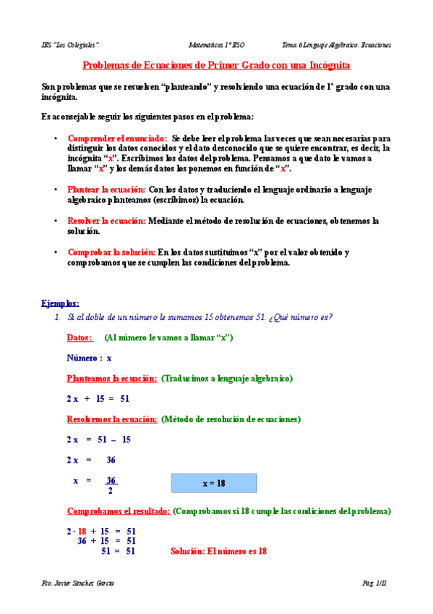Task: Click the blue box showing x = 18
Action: pyautogui.click(x=213, y=483)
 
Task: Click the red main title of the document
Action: pyautogui.click(x=216, y=65)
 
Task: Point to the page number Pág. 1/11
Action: pyautogui.click(x=376, y=582)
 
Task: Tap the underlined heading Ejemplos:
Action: pyautogui.click(x=61, y=303)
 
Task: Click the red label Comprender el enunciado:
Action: pyautogui.click(x=118, y=138)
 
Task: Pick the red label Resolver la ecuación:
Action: pyautogui.click(x=107, y=220)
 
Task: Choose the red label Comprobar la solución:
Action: pyautogui.click(x=111, y=252)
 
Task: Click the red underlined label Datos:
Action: pyautogui.click(x=80, y=337)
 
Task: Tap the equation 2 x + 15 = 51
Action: pyautogui.click(x=98, y=398)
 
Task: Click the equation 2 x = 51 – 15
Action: pyautogui.click(x=98, y=440)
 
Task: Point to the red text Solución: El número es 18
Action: pyautogui.click(x=219, y=550)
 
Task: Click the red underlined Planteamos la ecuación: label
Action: pyautogui.click(x=112, y=378)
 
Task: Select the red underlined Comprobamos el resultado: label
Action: pyautogui.click(x=119, y=510)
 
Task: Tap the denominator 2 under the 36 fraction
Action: pyautogui.click(x=110, y=491)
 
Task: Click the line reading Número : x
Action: pyautogui.click(x=90, y=358)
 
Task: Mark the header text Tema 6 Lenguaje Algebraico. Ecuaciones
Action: pyautogui.click(x=337, y=44)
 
